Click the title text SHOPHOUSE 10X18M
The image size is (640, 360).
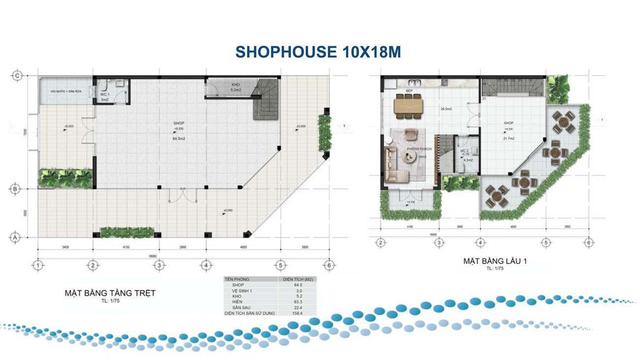[x=318, y=52]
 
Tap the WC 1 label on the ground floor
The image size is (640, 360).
[x=104, y=94]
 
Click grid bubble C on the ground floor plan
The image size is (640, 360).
[x=17, y=75]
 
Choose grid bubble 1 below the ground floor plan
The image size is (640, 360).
[x=38, y=265]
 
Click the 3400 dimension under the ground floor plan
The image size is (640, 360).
[x=65, y=245]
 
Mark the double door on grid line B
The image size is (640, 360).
[x=182, y=195]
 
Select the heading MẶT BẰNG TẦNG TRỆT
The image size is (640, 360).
[x=110, y=293]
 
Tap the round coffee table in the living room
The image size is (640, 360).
[x=408, y=157]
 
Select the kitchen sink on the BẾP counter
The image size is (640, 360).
[x=415, y=82]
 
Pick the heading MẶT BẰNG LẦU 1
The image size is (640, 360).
[x=495, y=261]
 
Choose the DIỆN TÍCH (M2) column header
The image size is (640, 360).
[x=296, y=279]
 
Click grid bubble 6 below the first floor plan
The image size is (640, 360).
[x=588, y=243]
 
